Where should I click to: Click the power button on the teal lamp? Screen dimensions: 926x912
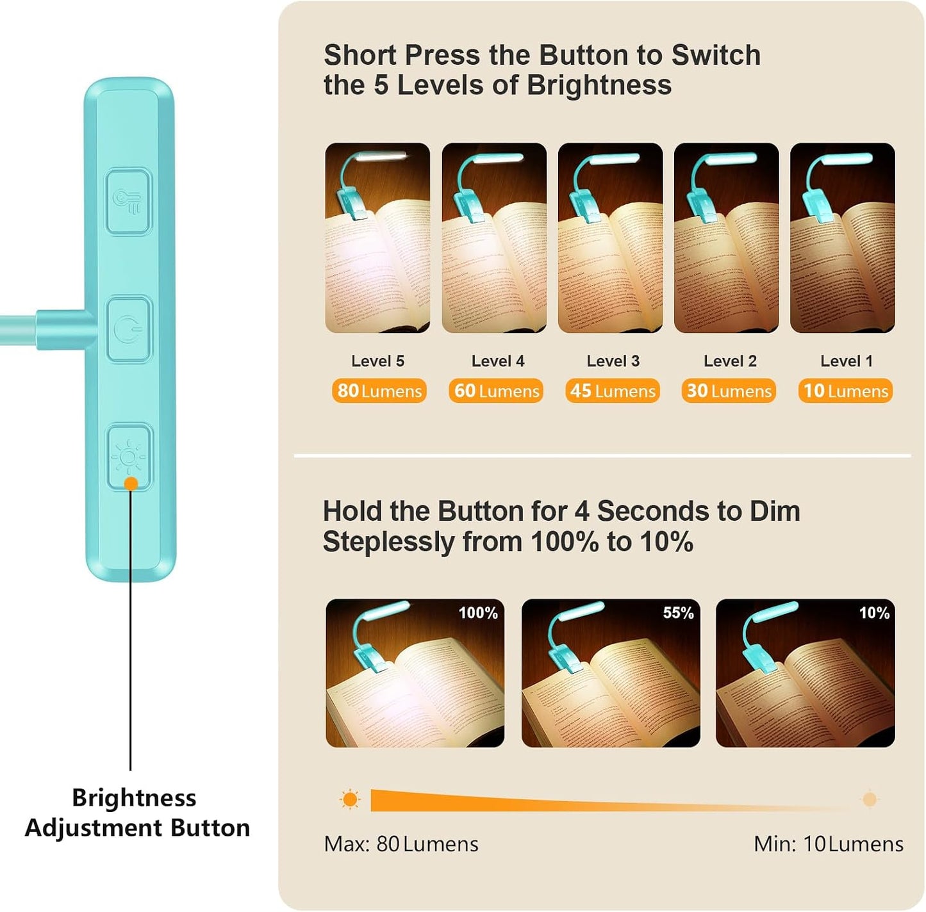(128, 329)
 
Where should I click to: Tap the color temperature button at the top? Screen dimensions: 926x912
(128, 201)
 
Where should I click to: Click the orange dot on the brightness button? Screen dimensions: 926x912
(131, 484)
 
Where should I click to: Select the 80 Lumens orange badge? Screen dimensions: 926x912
(379, 391)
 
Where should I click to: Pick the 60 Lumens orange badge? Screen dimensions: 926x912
(496, 391)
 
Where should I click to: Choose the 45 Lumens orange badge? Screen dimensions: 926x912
(612, 391)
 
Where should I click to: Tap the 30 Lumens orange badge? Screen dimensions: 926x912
(729, 391)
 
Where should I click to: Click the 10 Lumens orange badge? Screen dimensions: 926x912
(845, 391)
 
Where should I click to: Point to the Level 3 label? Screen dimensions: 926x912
(613, 361)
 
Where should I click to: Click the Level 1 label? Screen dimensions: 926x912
(847, 361)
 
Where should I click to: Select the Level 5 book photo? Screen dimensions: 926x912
(377, 238)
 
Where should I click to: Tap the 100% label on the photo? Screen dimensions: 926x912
(478, 613)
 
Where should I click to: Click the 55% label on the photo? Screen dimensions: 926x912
(678, 613)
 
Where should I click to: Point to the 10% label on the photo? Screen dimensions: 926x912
(874, 613)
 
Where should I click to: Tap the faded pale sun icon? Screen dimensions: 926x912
(870, 799)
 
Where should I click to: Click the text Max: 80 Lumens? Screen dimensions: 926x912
(401, 844)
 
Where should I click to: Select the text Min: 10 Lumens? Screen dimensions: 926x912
(829, 844)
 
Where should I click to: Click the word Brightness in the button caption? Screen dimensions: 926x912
(134, 799)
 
